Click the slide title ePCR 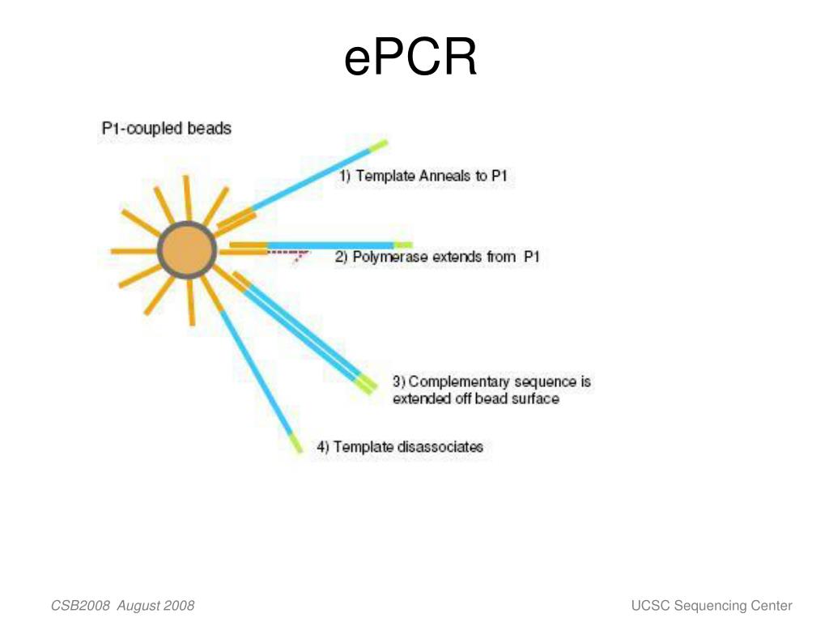point(410,59)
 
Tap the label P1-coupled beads point(166,128)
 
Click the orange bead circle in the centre point(187,251)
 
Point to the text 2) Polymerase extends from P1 point(437,258)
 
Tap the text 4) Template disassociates point(400,446)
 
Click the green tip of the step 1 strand point(378,146)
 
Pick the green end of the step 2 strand point(403,245)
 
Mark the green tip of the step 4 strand point(296,444)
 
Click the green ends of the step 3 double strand point(367,384)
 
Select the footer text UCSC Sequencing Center point(712,606)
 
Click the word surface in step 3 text point(532,398)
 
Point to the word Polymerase point(393,258)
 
